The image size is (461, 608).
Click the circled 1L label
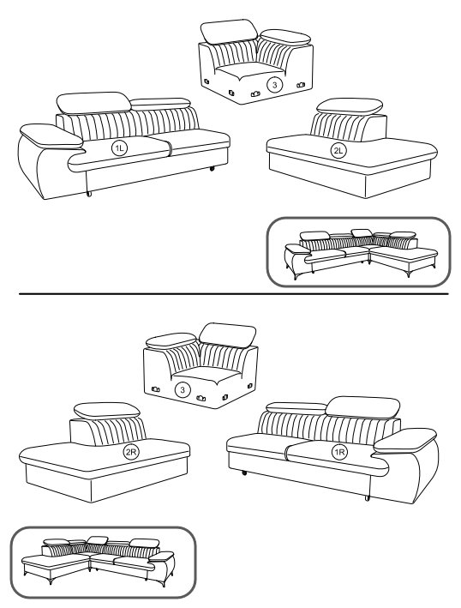click(119, 148)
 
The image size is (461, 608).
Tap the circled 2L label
click(338, 151)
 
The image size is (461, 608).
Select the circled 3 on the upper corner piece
click(275, 85)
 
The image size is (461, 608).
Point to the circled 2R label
click(131, 453)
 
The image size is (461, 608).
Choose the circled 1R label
click(339, 452)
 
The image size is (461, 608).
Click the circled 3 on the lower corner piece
click(183, 389)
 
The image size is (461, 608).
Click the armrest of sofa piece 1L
click(51, 136)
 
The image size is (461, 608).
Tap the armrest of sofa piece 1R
click(405, 441)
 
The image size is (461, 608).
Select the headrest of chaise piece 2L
click(350, 106)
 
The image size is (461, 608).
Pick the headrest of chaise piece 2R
click(107, 410)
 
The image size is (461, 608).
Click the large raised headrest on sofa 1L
click(93, 102)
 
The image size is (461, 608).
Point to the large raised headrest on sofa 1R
click(362, 407)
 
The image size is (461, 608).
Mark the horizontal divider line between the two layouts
click(234, 294)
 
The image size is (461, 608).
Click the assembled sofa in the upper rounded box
click(361, 253)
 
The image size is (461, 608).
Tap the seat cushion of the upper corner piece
click(249, 70)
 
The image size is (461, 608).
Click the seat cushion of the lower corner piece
click(207, 375)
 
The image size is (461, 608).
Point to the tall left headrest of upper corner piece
click(229, 31)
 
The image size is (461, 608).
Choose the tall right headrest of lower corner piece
click(227, 335)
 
